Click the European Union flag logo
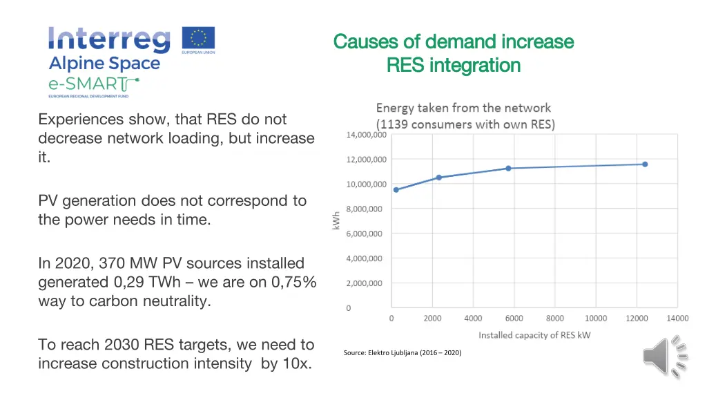[x=198, y=40]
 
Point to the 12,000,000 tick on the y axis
[x=366, y=160]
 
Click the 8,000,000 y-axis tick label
[x=366, y=209]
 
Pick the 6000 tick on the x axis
[x=514, y=319]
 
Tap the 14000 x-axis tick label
[x=677, y=319]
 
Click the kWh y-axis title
[x=337, y=221]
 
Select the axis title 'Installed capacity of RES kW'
[x=534, y=335]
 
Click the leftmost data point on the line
[x=396, y=189]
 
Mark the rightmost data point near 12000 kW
[x=645, y=164]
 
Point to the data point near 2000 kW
[x=438, y=178]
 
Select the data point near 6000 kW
[x=509, y=168]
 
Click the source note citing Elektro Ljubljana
[x=403, y=353]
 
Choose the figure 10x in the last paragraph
[x=296, y=363]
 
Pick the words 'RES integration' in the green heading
[x=454, y=66]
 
